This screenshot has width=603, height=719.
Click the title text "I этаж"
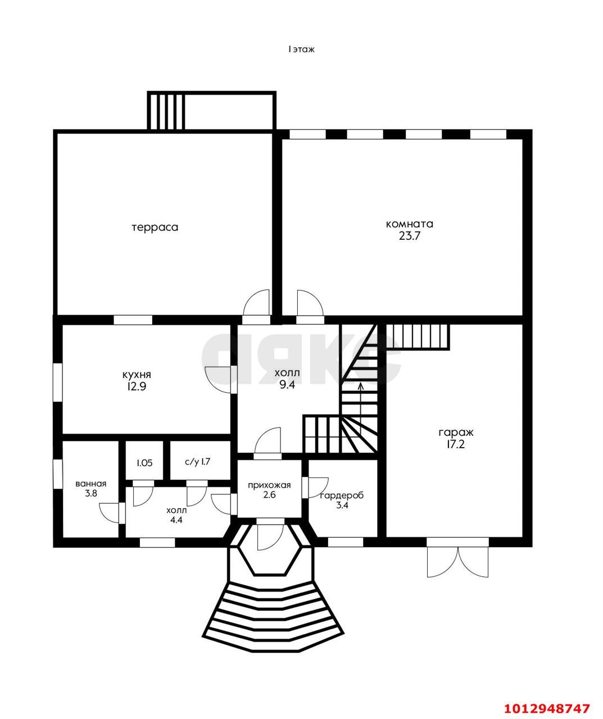[301, 49]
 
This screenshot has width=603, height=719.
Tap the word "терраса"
[155, 227]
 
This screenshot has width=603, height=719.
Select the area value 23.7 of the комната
[410, 236]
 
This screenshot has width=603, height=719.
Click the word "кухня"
[137, 374]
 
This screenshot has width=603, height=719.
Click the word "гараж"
[456, 433]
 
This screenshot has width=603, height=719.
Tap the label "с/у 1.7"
[197, 462]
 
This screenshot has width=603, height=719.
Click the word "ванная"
[91, 484]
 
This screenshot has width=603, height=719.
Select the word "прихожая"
[269, 485]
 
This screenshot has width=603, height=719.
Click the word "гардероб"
[342, 495]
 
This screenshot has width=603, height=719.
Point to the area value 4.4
[176, 520]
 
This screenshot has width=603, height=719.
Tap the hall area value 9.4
[287, 385]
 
